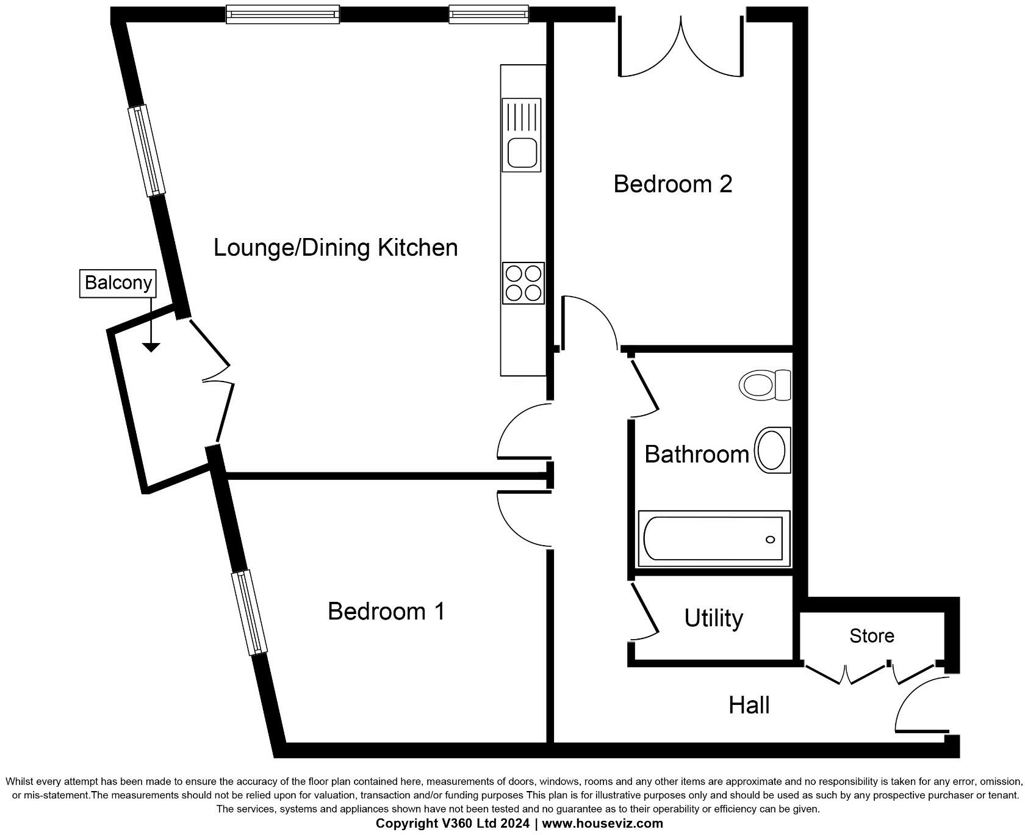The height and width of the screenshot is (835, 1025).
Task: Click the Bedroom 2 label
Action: pos(672,184)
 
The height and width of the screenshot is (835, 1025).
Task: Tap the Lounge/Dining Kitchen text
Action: pos(336,248)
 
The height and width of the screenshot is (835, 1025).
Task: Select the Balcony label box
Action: pos(118,283)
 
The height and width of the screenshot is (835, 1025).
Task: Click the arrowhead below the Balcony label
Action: pos(151,347)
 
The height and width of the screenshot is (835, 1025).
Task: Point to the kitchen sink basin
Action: pos(522,153)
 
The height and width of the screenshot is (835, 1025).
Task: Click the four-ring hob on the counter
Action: pos(523,283)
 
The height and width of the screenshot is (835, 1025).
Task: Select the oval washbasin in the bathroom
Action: pos(772,450)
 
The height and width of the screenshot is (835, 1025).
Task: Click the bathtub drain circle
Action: pos(770,540)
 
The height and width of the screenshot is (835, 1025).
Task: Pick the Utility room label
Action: pos(713,618)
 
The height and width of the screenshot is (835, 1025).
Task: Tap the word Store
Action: pos(871,636)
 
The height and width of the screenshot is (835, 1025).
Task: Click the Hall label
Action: pos(749,706)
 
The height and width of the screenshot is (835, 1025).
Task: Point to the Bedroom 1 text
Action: pos(386,611)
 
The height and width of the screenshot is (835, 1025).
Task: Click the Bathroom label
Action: pos(696,455)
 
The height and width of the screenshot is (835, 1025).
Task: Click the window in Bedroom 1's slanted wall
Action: pos(250,613)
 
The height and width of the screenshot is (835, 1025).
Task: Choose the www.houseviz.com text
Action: pos(602,823)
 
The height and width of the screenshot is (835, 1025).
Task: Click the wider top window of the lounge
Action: pos(282,13)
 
